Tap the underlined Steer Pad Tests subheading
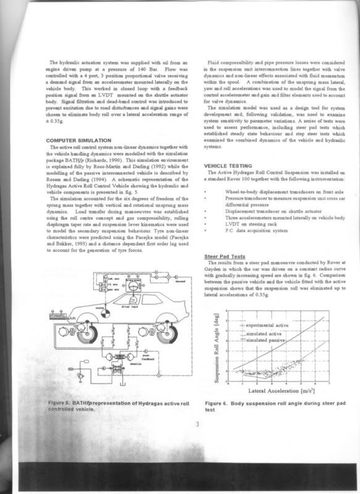226,256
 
